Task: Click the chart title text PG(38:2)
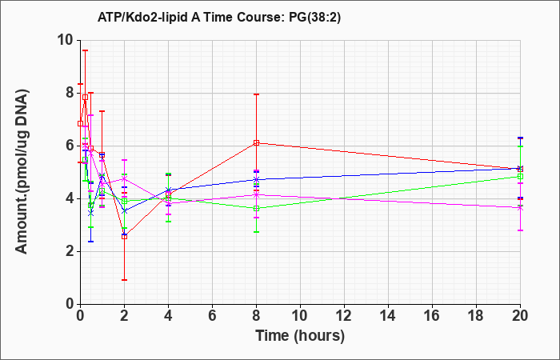point(314,18)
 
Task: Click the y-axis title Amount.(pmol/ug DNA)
point(22,172)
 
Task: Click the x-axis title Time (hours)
point(300,336)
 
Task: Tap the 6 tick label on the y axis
point(69,146)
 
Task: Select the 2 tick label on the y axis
point(69,251)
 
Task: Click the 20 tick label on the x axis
point(520,316)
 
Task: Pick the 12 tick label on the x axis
point(344,316)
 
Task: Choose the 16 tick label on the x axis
point(432,316)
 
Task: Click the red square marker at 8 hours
point(256,143)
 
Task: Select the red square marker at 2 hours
point(124,237)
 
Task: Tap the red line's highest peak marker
point(85,97)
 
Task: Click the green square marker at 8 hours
point(256,208)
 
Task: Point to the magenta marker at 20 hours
point(520,208)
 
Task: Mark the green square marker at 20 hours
point(520,177)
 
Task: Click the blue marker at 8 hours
point(256,180)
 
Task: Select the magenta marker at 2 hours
point(124,178)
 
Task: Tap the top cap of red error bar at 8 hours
point(256,94)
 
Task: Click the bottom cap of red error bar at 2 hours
point(124,280)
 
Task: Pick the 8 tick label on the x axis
point(256,316)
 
